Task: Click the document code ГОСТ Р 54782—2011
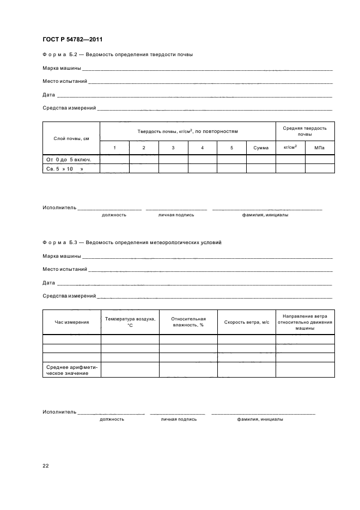tap(72, 40)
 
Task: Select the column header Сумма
tap(261, 148)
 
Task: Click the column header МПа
tap(320, 148)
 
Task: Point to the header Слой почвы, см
tap(71, 138)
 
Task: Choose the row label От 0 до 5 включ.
tap(69, 160)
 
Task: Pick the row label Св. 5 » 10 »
tap(66, 169)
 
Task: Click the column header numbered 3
tap(173, 148)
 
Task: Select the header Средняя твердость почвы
tap(305, 131)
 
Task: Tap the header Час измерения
tap(71, 322)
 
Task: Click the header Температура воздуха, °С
tap(130, 321)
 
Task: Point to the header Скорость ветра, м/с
tap(247, 322)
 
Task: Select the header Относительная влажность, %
tap(188, 321)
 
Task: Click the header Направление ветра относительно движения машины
tap(305, 322)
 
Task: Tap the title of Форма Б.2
tap(118, 54)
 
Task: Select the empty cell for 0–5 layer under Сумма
tap(261, 160)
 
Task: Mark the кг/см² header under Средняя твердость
tap(290, 148)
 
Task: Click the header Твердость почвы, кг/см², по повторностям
tap(187, 131)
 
